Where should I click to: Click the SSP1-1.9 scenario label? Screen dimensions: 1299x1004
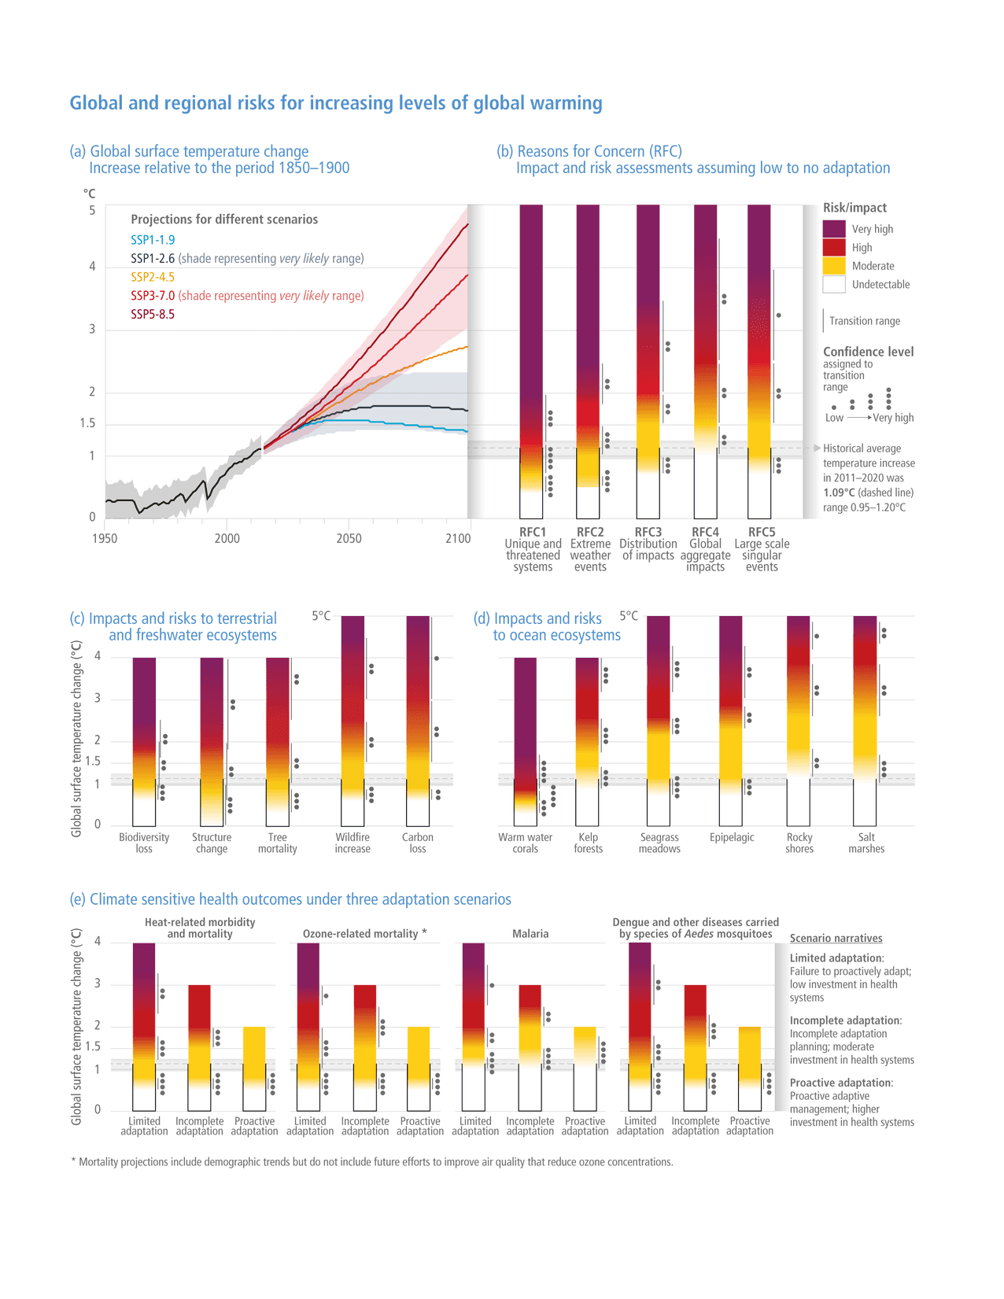(x=153, y=240)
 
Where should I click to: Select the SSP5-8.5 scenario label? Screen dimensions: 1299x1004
(x=153, y=314)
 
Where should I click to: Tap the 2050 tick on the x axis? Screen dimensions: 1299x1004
(x=349, y=538)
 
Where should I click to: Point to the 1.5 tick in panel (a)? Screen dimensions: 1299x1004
(x=87, y=423)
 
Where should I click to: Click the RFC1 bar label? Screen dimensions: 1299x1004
(x=533, y=533)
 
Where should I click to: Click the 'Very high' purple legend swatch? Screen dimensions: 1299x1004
(x=833, y=229)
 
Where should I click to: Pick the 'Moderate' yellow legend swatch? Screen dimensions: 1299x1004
(x=833, y=266)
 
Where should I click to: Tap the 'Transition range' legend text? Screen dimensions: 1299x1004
(x=864, y=321)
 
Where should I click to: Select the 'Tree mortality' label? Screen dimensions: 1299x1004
(x=277, y=843)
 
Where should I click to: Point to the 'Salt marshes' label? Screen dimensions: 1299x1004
(x=866, y=843)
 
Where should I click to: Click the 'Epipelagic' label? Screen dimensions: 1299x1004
(x=731, y=837)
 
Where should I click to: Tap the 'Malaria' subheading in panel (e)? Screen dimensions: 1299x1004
(x=530, y=934)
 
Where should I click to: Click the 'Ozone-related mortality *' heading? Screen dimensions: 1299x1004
(x=364, y=934)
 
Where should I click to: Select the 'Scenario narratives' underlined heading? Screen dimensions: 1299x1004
(x=836, y=939)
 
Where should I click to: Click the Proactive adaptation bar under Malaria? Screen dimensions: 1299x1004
(x=585, y=1054)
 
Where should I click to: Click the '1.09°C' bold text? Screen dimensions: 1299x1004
(x=841, y=493)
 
